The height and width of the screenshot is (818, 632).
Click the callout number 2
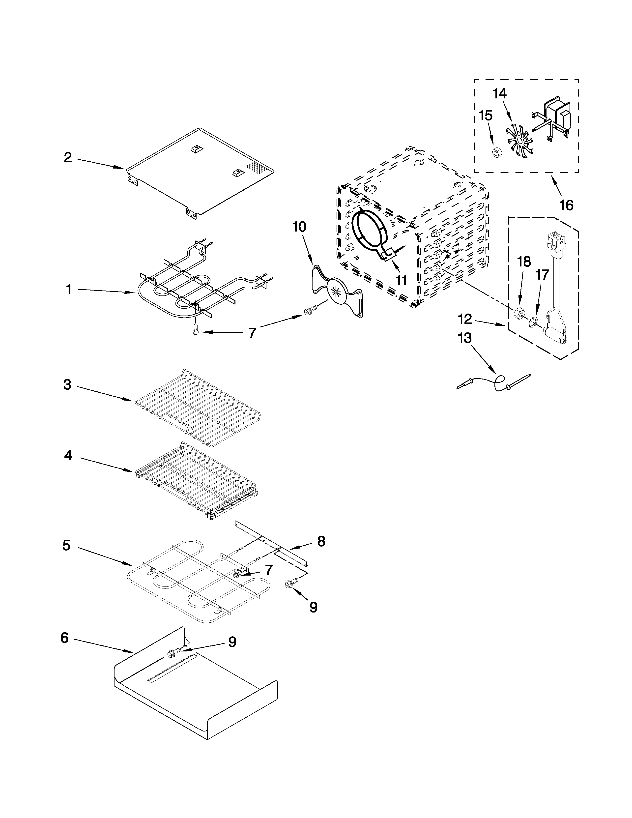(x=68, y=158)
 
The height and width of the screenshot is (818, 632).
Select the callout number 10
(x=299, y=227)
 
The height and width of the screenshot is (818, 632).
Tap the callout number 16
(x=567, y=205)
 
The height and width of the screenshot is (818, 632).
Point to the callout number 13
(x=465, y=338)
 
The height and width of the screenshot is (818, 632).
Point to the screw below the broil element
(x=195, y=330)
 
